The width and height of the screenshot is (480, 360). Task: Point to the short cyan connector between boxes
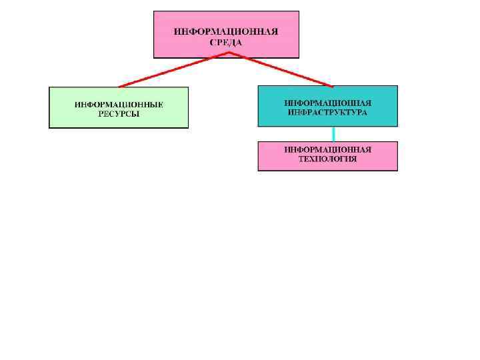(x=333, y=134)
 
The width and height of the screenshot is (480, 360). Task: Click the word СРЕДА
(x=226, y=42)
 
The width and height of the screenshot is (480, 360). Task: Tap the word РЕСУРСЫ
(x=119, y=114)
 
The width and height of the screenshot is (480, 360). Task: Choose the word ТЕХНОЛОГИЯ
(x=327, y=159)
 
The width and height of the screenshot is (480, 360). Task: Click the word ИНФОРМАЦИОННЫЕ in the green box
(x=119, y=105)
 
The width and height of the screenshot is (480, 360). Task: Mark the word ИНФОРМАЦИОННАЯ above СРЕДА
(x=226, y=31)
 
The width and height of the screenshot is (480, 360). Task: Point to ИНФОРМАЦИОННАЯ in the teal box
(x=327, y=103)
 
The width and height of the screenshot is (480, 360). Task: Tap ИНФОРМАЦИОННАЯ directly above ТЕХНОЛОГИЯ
(x=327, y=150)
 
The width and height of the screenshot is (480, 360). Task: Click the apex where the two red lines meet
(x=229, y=53)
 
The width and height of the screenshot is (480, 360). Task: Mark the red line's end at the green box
(x=119, y=86)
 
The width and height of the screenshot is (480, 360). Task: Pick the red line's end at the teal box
(x=333, y=85)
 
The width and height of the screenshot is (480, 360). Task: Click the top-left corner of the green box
(x=50, y=87)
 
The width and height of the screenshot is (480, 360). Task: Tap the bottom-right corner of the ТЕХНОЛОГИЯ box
(x=397, y=170)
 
